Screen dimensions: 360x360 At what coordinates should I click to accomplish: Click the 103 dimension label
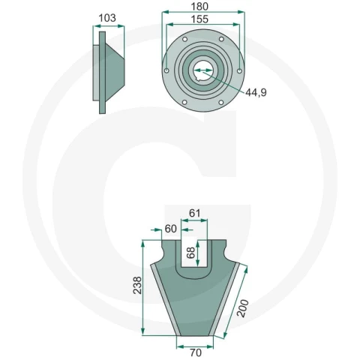pos(107,18)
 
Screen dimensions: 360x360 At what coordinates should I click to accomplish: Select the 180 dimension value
pos(199,7)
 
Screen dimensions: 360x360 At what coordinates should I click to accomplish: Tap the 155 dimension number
pos(199,19)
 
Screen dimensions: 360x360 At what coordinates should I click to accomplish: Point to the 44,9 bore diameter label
pos(256,92)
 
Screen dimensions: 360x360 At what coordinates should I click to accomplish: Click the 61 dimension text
pos(194,213)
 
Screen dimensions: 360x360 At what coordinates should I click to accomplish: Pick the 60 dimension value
pos(171,229)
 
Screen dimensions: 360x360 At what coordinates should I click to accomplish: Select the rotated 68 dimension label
pos(190,253)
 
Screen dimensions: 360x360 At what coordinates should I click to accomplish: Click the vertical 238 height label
pos(137,285)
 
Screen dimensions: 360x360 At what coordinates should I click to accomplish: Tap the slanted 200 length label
pos(242,308)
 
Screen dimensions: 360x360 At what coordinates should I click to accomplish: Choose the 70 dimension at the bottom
pos(196,352)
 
